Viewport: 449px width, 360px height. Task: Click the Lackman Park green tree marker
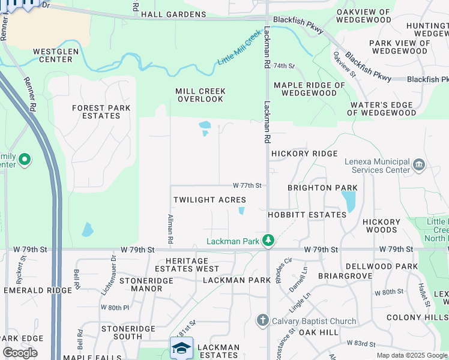click(x=268, y=241)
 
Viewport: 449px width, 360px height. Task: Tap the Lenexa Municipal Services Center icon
click(x=420, y=164)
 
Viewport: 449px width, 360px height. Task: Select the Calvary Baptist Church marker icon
click(x=262, y=320)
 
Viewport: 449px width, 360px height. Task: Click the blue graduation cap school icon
click(x=182, y=348)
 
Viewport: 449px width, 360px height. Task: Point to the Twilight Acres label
click(x=209, y=200)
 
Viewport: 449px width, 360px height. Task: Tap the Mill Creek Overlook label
click(x=200, y=95)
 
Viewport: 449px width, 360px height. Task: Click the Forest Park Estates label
click(x=96, y=112)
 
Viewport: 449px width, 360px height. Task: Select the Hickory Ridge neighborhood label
click(x=304, y=154)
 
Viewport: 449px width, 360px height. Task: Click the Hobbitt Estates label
click(x=307, y=214)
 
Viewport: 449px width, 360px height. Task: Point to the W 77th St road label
click(x=247, y=185)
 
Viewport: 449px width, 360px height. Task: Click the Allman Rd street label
click(x=170, y=228)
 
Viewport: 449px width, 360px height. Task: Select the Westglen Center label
click(x=56, y=55)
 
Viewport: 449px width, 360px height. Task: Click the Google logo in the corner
click(x=20, y=353)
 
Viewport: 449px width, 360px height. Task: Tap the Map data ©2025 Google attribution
click(x=412, y=355)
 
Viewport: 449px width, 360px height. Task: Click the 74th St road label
click(x=285, y=65)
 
